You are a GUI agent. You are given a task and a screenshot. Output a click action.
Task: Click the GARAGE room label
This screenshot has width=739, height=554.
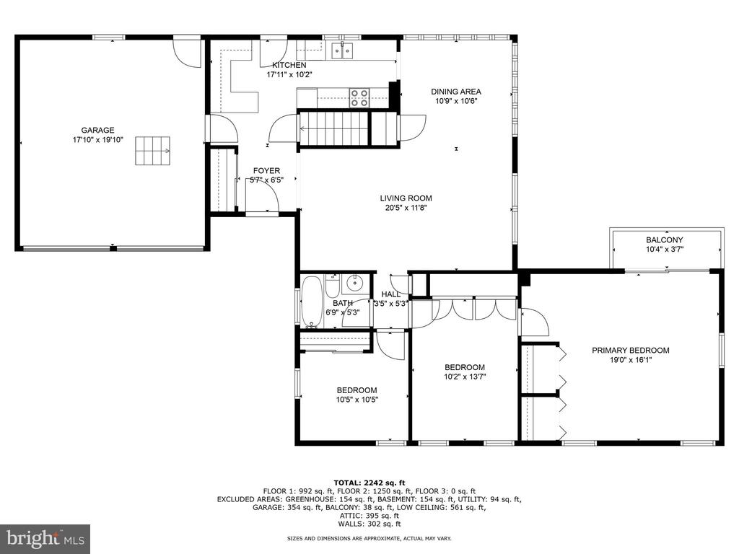[x=97, y=131]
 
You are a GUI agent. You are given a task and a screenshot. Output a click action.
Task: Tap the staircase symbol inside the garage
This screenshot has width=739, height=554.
[x=153, y=151]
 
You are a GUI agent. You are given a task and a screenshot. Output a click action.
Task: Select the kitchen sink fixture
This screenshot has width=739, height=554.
[x=343, y=50]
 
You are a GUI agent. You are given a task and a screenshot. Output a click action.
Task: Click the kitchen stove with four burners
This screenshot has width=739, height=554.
[x=359, y=98]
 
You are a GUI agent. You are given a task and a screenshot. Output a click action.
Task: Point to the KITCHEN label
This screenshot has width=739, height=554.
[x=289, y=65]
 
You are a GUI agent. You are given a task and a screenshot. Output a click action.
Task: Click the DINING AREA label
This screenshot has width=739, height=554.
[x=456, y=92]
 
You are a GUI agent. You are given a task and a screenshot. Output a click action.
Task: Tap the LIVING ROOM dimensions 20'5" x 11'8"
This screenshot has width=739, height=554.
[x=406, y=207]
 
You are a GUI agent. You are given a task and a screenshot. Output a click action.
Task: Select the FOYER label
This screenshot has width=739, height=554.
[x=266, y=170]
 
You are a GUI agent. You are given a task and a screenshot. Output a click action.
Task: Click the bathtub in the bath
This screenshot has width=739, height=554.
[x=312, y=302]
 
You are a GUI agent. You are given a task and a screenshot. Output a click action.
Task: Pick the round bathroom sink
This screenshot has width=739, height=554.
[x=354, y=283]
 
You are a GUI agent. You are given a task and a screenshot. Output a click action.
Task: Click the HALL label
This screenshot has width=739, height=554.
[x=390, y=294]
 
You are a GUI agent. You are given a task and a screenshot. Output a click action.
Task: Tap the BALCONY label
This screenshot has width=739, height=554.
[x=665, y=239]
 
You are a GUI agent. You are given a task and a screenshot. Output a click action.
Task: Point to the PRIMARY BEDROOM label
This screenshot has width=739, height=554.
[x=631, y=351]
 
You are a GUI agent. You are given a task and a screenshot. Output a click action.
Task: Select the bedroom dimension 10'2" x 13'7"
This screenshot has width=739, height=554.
[x=465, y=377]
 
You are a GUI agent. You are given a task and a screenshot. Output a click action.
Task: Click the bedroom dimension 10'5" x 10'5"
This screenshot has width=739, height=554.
[x=357, y=400]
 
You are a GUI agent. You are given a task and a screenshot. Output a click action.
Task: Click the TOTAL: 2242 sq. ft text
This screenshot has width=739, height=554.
[x=369, y=483]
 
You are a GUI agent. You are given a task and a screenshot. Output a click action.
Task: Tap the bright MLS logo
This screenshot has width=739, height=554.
[x=45, y=537]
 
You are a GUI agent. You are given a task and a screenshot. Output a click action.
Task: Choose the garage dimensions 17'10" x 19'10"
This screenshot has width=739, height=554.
[x=97, y=139]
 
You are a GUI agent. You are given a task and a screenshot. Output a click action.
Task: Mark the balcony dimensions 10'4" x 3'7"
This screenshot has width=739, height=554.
[x=665, y=249]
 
